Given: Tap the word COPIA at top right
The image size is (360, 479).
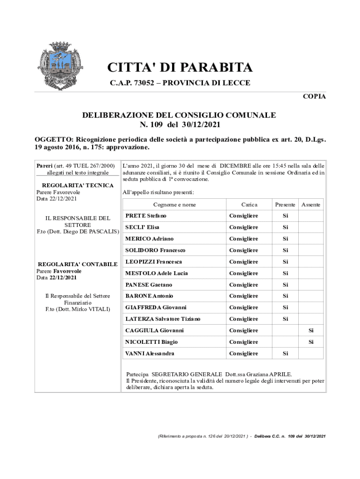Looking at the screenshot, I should [314, 97].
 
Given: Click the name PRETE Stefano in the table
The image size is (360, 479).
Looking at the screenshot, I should [146, 216].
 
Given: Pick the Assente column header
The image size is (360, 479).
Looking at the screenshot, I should [311, 205].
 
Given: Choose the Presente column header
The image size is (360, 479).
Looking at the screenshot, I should [285, 205].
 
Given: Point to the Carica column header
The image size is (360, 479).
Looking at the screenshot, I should [249, 205].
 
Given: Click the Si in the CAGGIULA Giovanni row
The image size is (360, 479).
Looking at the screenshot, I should [310, 331].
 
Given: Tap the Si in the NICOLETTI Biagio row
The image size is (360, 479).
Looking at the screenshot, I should [310, 342].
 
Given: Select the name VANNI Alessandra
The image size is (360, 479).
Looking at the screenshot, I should [150, 354].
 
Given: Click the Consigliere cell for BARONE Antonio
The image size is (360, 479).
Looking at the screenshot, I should [244, 296].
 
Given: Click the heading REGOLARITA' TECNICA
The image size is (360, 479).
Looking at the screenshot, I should [74, 185].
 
